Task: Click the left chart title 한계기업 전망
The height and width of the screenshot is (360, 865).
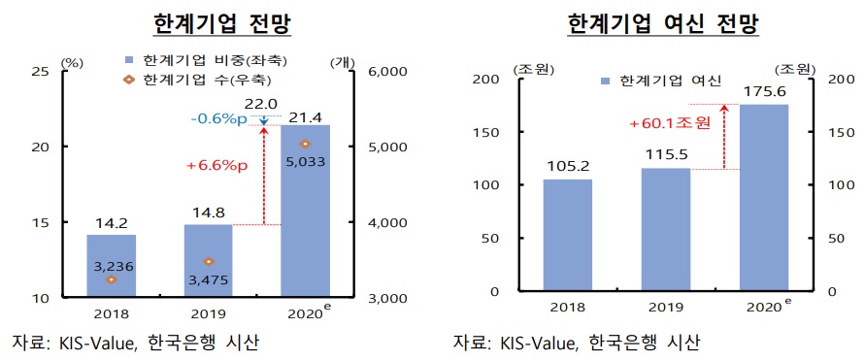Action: coord(224,21)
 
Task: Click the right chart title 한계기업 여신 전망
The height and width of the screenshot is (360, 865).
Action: coord(662,21)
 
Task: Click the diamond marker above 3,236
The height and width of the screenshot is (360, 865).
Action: coord(112,279)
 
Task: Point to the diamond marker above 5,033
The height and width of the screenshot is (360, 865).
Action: coord(305,144)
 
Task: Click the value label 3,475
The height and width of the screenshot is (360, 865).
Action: coord(208,279)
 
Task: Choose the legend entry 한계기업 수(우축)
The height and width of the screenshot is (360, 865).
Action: coord(205,78)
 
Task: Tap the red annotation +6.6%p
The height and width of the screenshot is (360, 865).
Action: coord(216,166)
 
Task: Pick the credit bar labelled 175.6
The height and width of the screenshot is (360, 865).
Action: coord(764,198)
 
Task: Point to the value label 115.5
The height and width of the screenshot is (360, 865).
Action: coord(665,154)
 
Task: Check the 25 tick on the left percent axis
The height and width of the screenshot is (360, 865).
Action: coord(41,71)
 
